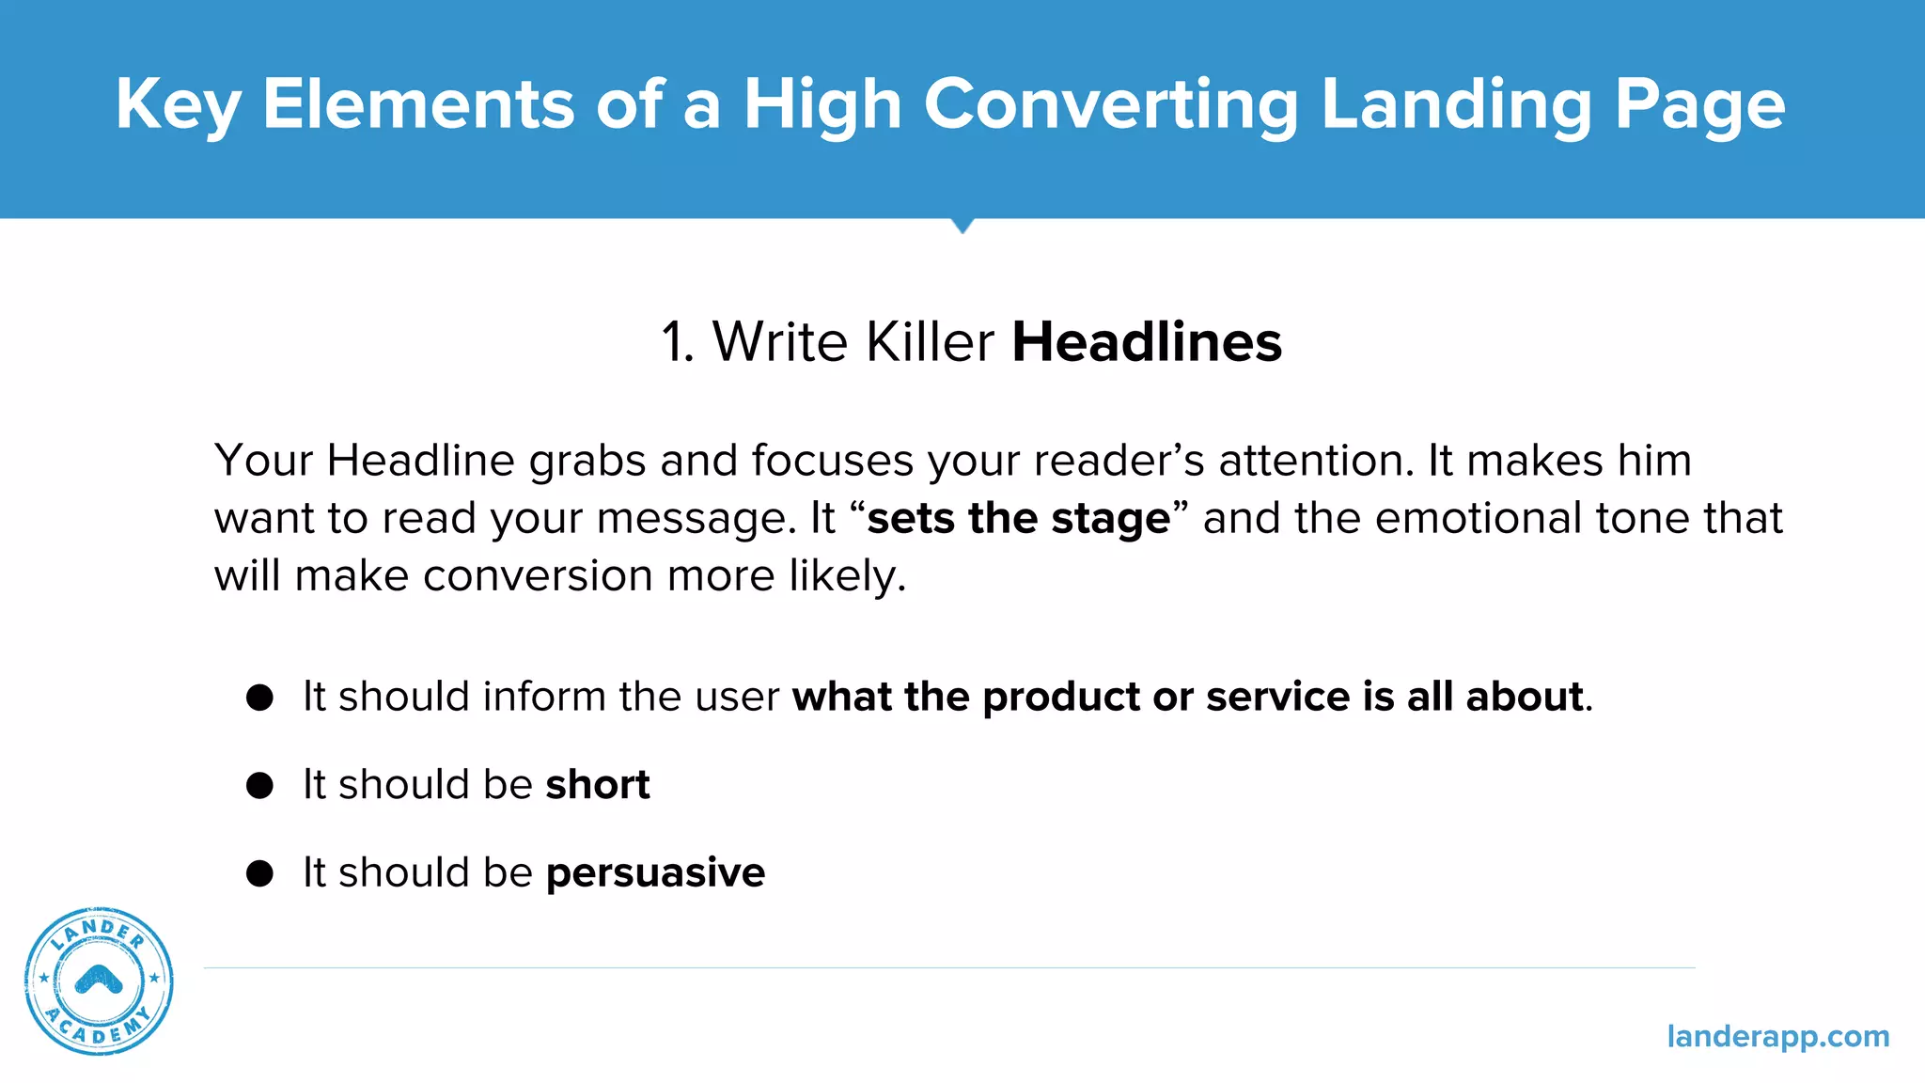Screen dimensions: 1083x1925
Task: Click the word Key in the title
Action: (x=177, y=104)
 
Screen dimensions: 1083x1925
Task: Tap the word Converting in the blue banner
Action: (x=1110, y=104)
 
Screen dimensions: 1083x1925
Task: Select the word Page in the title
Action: (x=1699, y=104)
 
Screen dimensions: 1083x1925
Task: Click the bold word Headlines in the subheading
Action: (x=1147, y=341)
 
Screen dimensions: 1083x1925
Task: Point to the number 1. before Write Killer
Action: (x=677, y=341)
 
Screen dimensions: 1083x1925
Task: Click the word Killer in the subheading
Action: (x=929, y=341)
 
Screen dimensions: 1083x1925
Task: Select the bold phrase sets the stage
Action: (x=1018, y=518)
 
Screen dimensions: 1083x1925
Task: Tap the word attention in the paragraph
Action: (x=1315, y=461)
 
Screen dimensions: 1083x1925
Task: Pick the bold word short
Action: (x=598, y=785)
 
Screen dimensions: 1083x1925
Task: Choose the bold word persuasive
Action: (x=655, y=873)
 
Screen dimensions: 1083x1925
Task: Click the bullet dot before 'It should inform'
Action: (x=259, y=698)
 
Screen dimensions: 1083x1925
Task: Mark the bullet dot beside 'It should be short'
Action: (x=259, y=785)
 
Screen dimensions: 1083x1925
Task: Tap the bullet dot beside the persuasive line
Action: (x=259, y=873)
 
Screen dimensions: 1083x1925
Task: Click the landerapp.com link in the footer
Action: (x=1777, y=1036)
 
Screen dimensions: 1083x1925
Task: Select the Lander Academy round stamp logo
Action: (x=99, y=981)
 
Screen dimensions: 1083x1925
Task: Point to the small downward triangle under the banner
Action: (x=962, y=226)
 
